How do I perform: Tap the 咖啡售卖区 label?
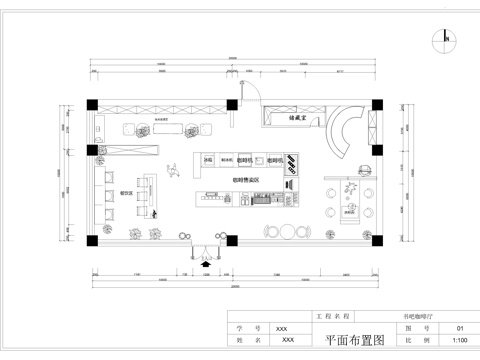click(246, 179)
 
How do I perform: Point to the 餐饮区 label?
click(127, 179)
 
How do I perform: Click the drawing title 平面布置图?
click(355, 340)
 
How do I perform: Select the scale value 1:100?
click(460, 340)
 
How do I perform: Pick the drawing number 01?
click(460, 327)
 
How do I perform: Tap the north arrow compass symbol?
click(439, 40)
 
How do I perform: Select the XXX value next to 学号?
click(281, 327)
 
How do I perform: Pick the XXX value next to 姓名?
click(288, 340)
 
